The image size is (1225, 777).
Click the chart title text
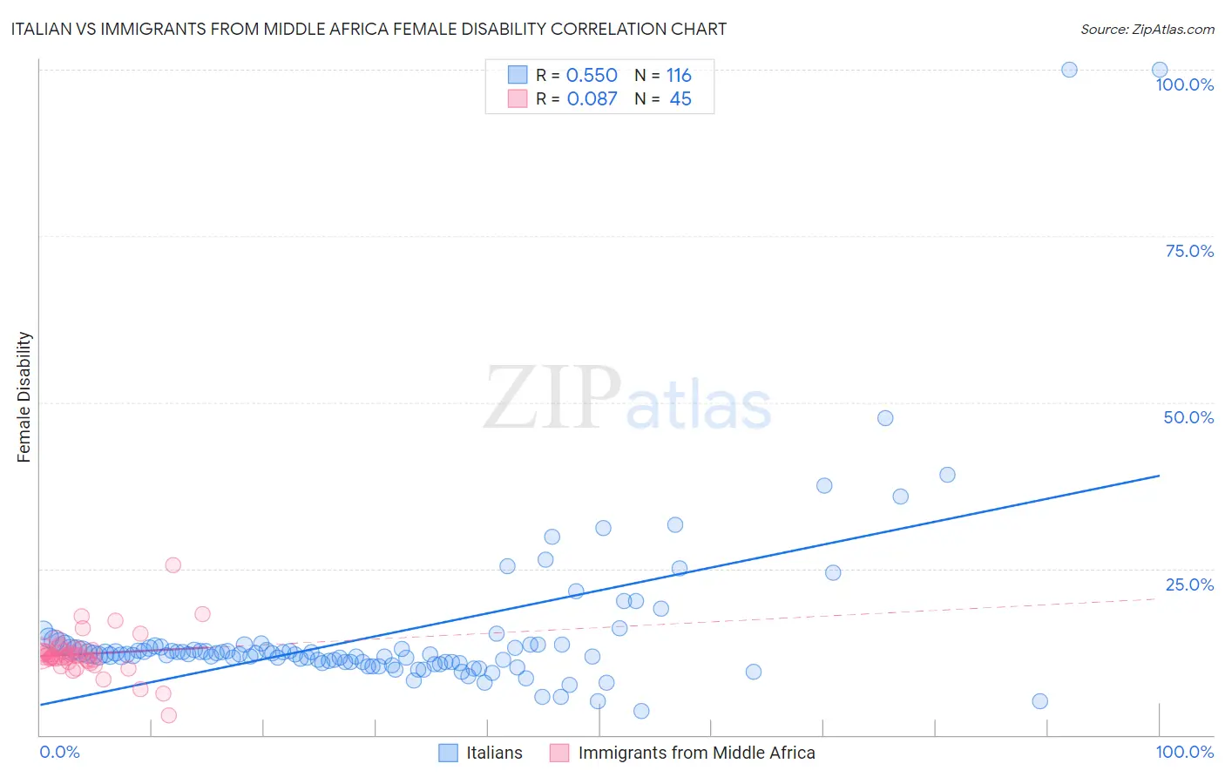[368, 29]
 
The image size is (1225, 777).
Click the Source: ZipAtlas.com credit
[1147, 29]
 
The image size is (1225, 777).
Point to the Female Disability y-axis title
[24, 396]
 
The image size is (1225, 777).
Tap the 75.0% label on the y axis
[1189, 251]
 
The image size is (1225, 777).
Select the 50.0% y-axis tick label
[1188, 417]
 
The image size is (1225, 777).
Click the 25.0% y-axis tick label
[1189, 584]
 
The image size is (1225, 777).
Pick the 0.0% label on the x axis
[59, 752]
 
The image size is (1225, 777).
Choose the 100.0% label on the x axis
[1184, 752]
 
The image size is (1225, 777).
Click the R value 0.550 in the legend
[592, 75]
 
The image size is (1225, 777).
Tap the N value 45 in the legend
[680, 98]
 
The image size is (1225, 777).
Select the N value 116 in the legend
[679, 75]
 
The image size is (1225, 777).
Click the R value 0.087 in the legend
[592, 98]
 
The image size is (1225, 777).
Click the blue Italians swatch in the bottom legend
[448, 753]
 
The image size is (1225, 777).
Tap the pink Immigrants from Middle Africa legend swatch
[559, 753]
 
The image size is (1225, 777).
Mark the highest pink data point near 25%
[173, 565]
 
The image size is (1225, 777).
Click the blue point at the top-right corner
[1159, 70]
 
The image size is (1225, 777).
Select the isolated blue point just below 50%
[885, 418]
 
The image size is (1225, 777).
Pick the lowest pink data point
[169, 715]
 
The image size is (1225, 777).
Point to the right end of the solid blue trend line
[1159, 476]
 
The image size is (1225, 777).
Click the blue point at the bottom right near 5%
[1039, 701]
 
